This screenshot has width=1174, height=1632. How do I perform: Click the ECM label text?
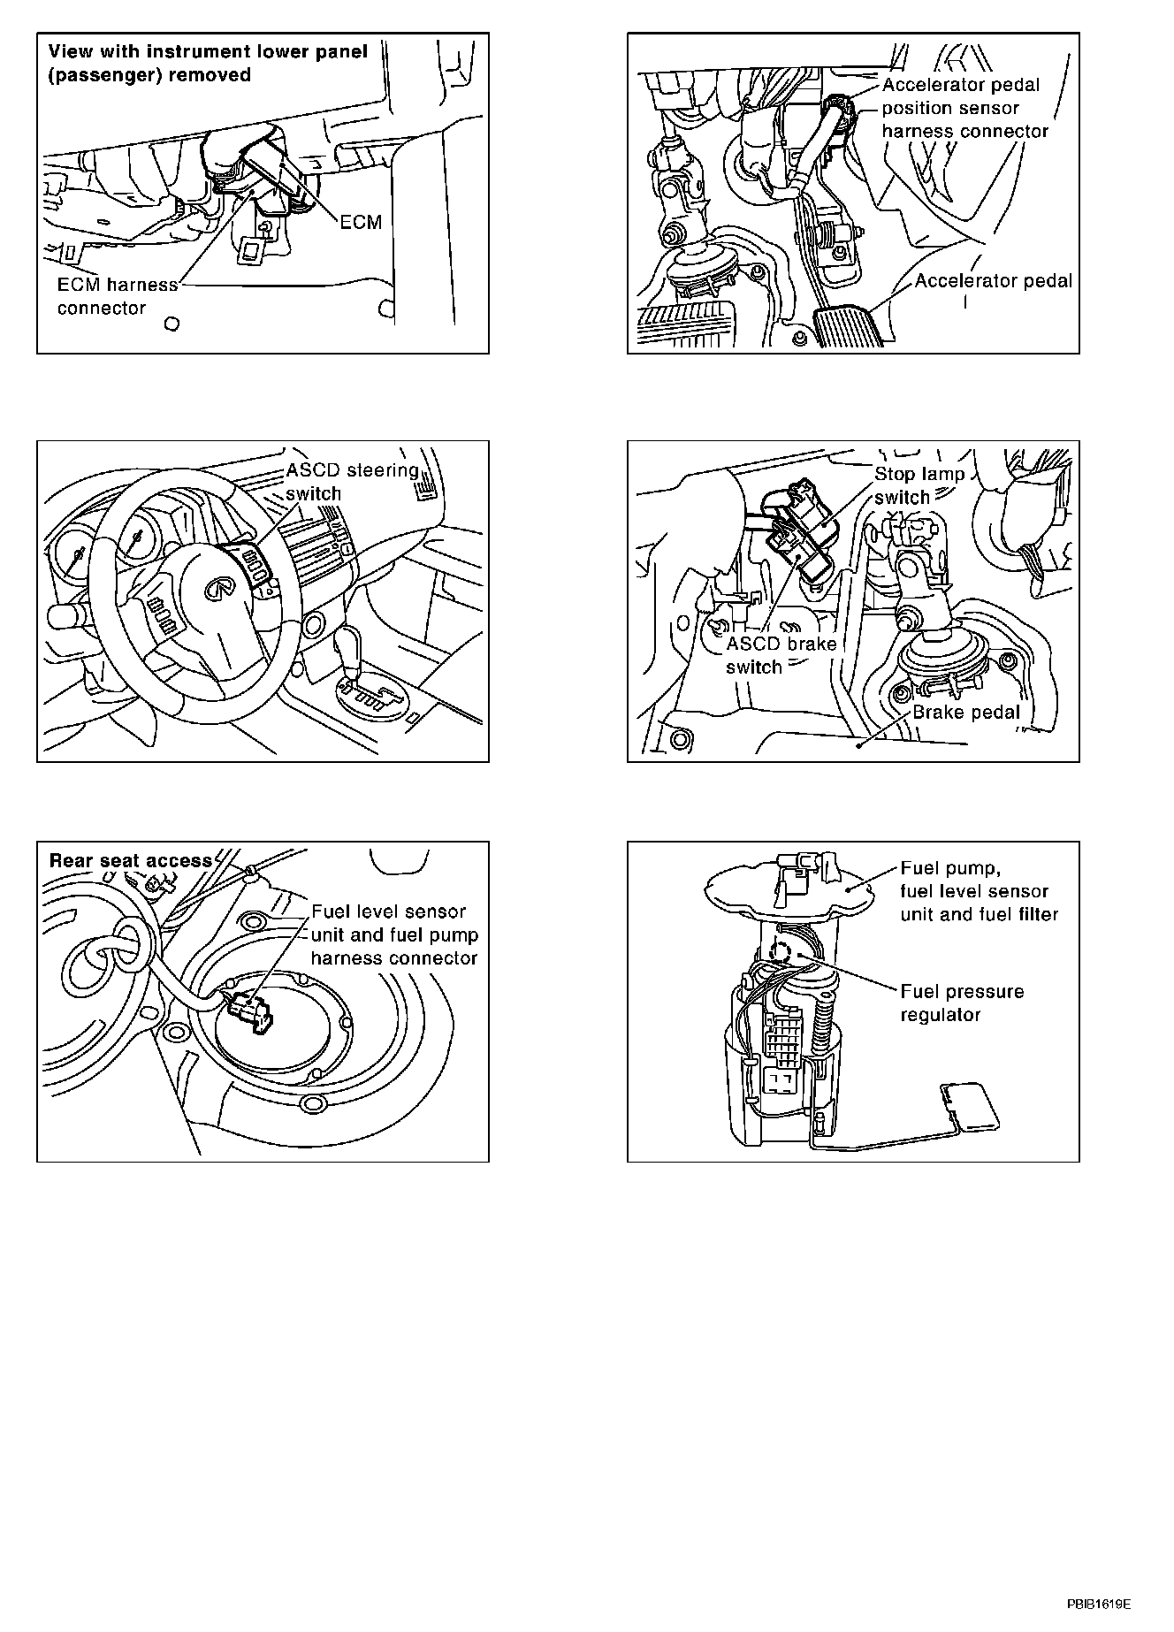coord(361,222)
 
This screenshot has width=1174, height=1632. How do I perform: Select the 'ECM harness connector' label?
coord(118,297)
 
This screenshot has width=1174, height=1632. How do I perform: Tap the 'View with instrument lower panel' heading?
coord(208,51)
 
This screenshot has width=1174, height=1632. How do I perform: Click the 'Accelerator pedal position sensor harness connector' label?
coord(964,109)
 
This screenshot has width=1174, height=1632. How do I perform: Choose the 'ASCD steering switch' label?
coord(352,482)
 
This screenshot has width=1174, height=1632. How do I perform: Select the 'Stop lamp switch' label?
coord(919,485)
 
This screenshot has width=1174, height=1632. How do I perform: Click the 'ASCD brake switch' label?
coord(781,655)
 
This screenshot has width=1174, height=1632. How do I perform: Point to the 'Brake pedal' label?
coord(966,713)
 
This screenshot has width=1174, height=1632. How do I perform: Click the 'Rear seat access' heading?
coord(131,860)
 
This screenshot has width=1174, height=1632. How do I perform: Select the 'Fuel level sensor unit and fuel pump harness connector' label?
coord(393,934)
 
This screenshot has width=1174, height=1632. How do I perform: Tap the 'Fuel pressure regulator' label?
coord(962,1003)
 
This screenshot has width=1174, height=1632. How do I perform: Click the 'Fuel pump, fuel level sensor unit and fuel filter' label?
coord(979,891)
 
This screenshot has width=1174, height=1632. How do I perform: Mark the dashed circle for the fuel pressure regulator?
coord(782,951)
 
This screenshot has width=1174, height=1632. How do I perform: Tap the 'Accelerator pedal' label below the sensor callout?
coord(993,281)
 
